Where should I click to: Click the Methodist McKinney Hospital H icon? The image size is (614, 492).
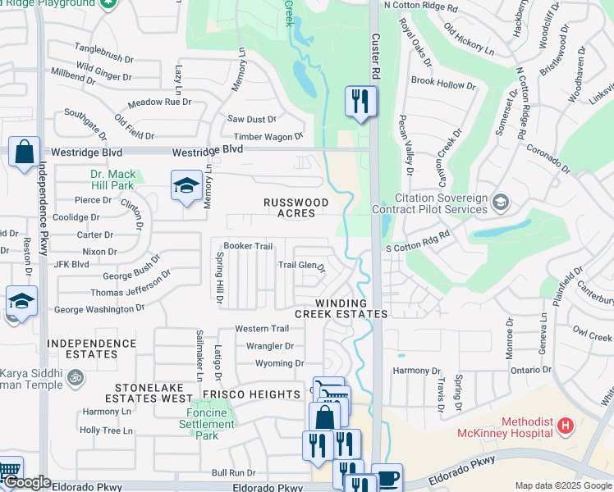(565, 426)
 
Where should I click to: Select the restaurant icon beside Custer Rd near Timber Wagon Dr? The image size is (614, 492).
(360, 102)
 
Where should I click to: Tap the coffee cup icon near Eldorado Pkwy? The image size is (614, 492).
(387, 478)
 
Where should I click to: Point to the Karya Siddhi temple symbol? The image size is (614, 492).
(75, 378)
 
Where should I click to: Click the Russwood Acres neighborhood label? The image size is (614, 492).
(296, 207)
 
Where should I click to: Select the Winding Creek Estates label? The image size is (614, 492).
(341, 308)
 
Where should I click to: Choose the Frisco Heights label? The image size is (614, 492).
(254, 394)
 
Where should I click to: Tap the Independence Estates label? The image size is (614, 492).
(82, 348)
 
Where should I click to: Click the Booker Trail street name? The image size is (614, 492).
(248, 246)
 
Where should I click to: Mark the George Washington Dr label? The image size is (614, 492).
(99, 309)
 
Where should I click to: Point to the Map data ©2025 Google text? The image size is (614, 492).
(563, 485)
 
